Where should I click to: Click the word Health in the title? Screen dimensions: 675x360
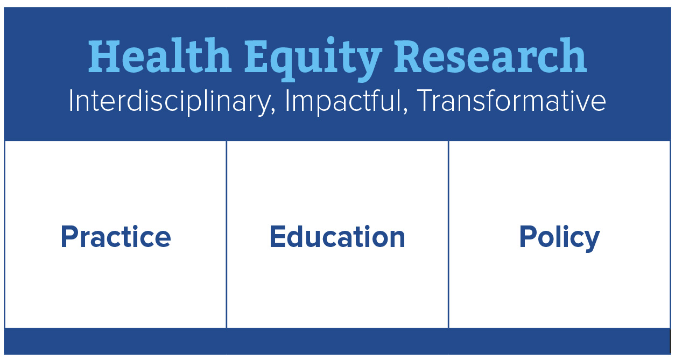pos(160,55)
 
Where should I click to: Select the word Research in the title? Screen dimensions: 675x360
pos(490,55)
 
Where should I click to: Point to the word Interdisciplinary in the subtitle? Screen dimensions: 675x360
pos(170,101)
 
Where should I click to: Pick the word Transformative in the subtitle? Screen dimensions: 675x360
pos(512,100)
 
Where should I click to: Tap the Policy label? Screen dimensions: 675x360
pos(559,238)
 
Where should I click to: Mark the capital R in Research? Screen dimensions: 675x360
pos(412,55)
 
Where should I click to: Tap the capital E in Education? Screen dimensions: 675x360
pos(278,236)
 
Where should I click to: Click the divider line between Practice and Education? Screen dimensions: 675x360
pos(226,234)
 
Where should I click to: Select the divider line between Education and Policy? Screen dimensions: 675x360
pos(448,234)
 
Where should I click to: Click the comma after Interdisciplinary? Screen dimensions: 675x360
pos(273,111)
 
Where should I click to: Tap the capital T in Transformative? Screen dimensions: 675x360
pos(426,100)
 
